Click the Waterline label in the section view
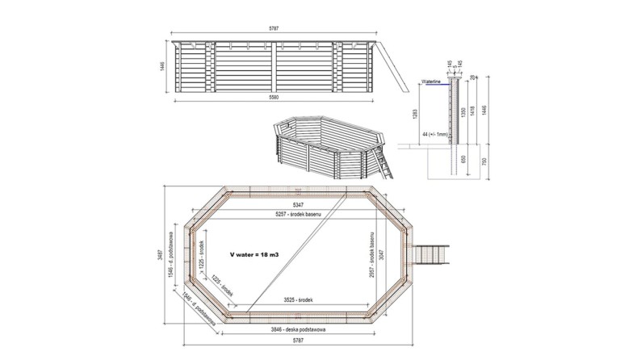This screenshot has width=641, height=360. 430,81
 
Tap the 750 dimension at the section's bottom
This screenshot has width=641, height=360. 483,161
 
